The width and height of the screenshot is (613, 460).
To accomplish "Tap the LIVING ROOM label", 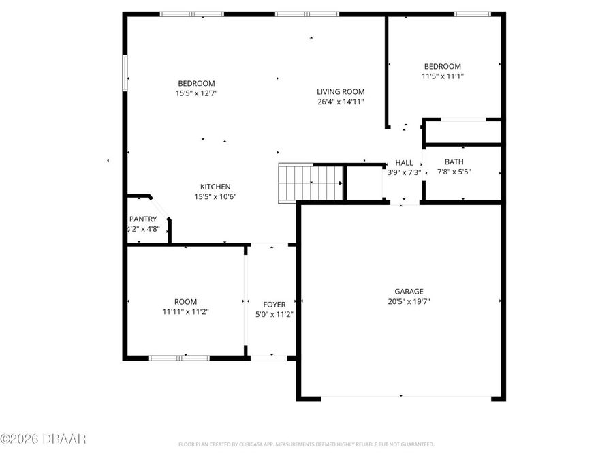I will [341, 92].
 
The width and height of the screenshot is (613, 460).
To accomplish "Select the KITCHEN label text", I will [215, 187].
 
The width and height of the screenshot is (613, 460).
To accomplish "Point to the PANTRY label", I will [143, 219].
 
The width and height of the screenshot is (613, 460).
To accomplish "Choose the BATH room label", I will [454, 162].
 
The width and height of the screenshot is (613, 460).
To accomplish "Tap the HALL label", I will [404, 163].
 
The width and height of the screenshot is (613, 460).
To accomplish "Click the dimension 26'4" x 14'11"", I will [341, 102].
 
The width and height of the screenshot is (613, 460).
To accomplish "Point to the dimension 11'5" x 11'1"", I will [442, 77].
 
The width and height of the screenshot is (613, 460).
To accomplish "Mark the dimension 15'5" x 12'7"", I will [196, 93].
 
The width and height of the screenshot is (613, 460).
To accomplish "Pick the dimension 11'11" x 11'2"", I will [185, 312].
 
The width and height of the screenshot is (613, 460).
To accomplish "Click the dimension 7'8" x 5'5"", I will [454, 172].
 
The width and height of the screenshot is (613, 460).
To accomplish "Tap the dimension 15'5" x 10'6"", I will [215, 197].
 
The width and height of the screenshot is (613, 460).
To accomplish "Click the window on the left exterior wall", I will [125, 72].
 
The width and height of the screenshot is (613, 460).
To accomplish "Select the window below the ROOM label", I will [179, 357].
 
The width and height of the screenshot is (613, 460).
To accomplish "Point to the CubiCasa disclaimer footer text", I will [306, 444].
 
